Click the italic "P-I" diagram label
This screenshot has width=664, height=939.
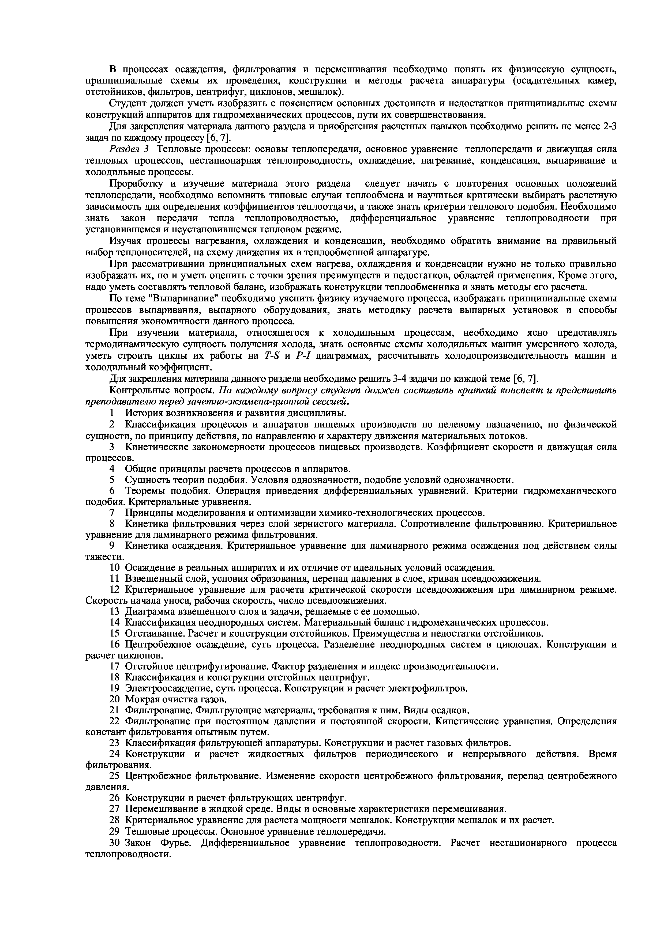(x=304, y=355)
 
